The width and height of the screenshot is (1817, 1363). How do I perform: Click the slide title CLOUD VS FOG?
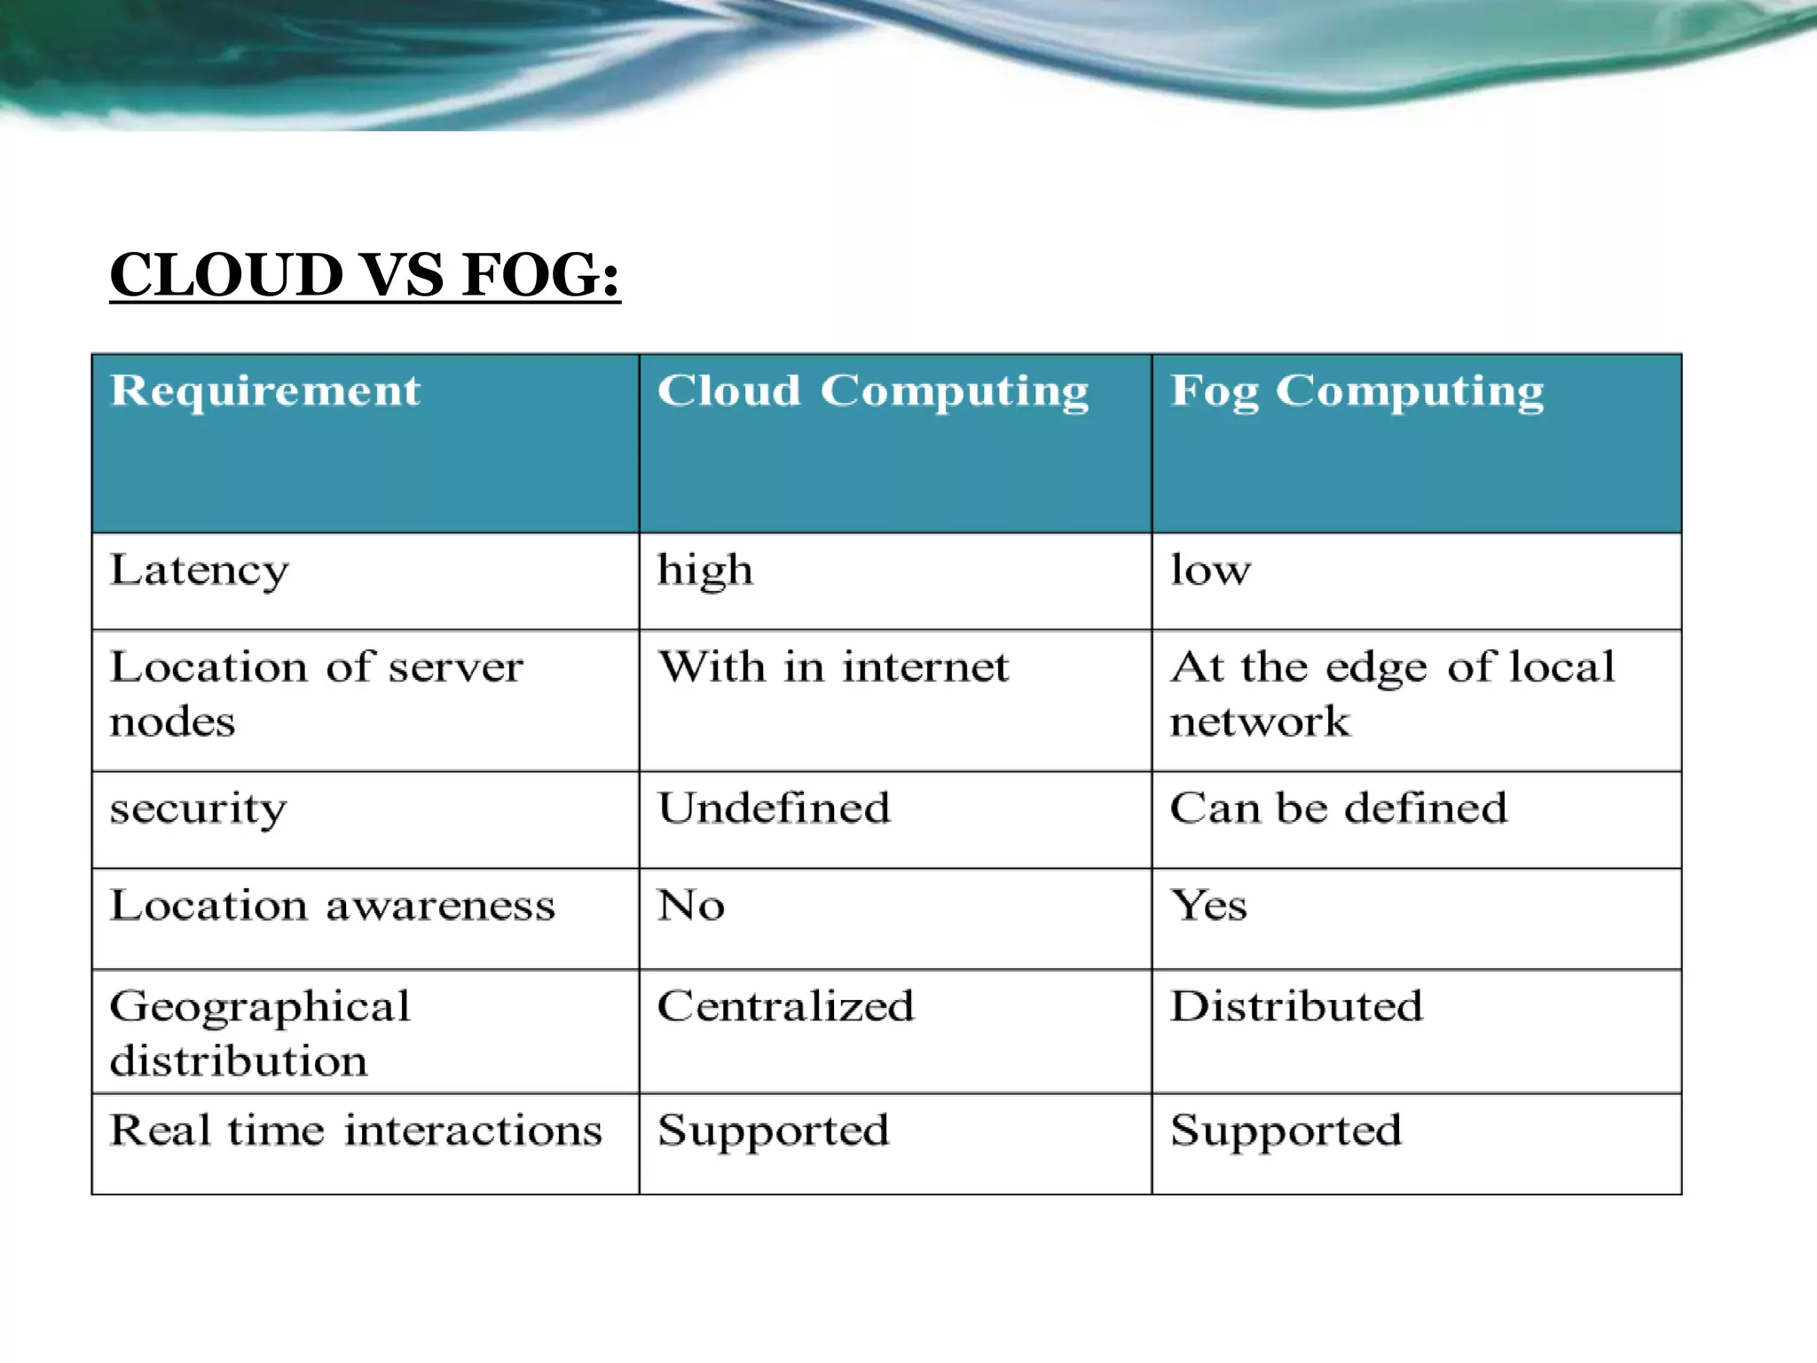coord(365,275)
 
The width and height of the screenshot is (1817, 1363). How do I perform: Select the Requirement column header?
coord(265,391)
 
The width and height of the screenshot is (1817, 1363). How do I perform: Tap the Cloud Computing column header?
coord(873,391)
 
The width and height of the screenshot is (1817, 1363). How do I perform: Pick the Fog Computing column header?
coord(1357,391)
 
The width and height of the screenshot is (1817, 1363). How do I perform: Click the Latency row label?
coord(200,571)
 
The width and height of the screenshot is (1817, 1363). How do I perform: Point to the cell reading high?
coord(705,571)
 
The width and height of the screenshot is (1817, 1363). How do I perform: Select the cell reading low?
coord(1210,571)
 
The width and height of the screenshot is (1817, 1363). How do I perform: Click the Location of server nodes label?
coord(316,694)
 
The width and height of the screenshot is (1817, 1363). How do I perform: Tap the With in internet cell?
coord(833,667)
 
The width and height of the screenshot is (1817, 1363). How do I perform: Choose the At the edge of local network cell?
coord(1392,694)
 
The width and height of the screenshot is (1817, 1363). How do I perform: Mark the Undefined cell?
coord(774,808)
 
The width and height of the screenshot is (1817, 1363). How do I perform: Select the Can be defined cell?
coord(1338,808)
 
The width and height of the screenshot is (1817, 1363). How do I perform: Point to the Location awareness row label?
coord(333,906)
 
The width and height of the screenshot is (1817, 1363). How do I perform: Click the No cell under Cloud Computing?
coord(691,906)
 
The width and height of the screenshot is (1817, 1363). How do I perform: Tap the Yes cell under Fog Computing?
coord(1208,906)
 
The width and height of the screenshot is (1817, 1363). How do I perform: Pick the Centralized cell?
coord(785,1007)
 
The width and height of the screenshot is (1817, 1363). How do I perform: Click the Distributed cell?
coord(1296,1007)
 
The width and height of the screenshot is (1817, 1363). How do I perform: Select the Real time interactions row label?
coord(356,1131)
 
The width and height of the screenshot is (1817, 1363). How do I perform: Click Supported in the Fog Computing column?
coord(1286,1131)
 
